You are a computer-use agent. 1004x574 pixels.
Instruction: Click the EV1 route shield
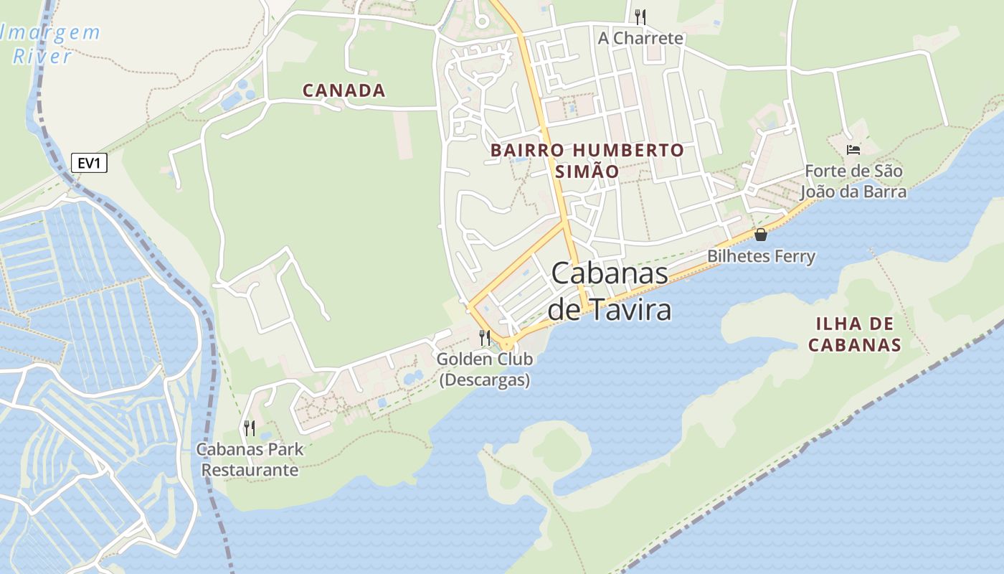(x=89, y=163)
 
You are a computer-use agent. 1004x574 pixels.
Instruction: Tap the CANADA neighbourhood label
(x=344, y=90)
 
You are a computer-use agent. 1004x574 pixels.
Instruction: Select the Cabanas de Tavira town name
(x=610, y=291)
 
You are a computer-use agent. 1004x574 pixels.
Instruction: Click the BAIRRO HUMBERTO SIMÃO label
(x=587, y=161)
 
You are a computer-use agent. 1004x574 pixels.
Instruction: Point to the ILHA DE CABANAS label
(x=854, y=334)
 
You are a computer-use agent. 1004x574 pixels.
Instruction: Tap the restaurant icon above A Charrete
(x=640, y=17)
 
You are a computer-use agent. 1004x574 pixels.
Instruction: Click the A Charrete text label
(x=640, y=38)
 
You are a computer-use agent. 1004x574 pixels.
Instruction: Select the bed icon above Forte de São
(x=853, y=150)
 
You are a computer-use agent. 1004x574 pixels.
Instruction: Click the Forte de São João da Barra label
(x=853, y=182)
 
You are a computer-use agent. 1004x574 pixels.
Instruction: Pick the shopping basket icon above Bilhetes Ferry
(x=761, y=235)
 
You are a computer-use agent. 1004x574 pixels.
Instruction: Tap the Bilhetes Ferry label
(x=761, y=256)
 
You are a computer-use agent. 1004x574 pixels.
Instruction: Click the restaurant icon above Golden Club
(x=485, y=337)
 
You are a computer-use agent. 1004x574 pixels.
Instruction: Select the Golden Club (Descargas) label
(x=485, y=369)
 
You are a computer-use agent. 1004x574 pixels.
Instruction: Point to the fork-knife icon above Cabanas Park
(x=250, y=428)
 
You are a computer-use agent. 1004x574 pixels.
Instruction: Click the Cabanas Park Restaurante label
(x=250, y=460)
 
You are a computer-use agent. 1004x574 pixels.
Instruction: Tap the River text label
(x=42, y=57)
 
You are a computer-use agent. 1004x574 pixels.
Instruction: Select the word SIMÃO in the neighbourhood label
(x=587, y=171)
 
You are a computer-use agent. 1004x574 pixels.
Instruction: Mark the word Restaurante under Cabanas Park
(x=250, y=470)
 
